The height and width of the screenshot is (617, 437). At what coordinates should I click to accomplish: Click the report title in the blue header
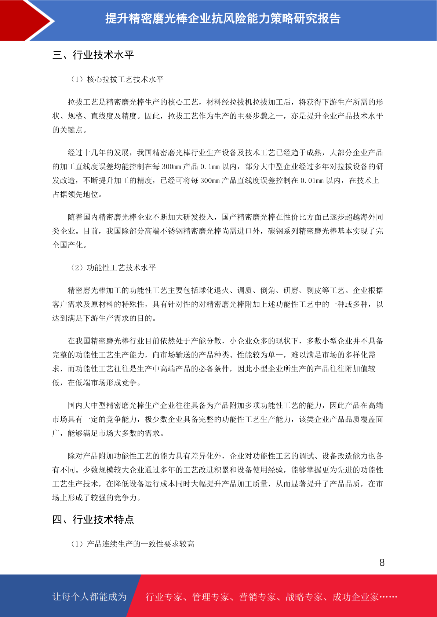tap(223, 18)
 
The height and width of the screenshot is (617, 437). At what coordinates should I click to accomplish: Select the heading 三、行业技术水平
tap(93, 55)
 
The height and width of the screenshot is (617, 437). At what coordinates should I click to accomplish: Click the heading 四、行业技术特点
tap(93, 520)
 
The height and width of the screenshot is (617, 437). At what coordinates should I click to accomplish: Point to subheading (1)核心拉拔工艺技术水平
tap(117, 80)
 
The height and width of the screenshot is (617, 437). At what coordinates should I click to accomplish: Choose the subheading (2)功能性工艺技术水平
tap(113, 268)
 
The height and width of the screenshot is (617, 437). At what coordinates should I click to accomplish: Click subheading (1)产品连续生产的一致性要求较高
tap(132, 544)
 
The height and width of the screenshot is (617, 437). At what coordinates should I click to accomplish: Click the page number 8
tap(382, 563)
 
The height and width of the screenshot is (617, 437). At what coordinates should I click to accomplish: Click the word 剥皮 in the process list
tap(314, 291)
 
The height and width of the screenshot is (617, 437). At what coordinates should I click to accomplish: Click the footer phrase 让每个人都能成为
tap(90, 597)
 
